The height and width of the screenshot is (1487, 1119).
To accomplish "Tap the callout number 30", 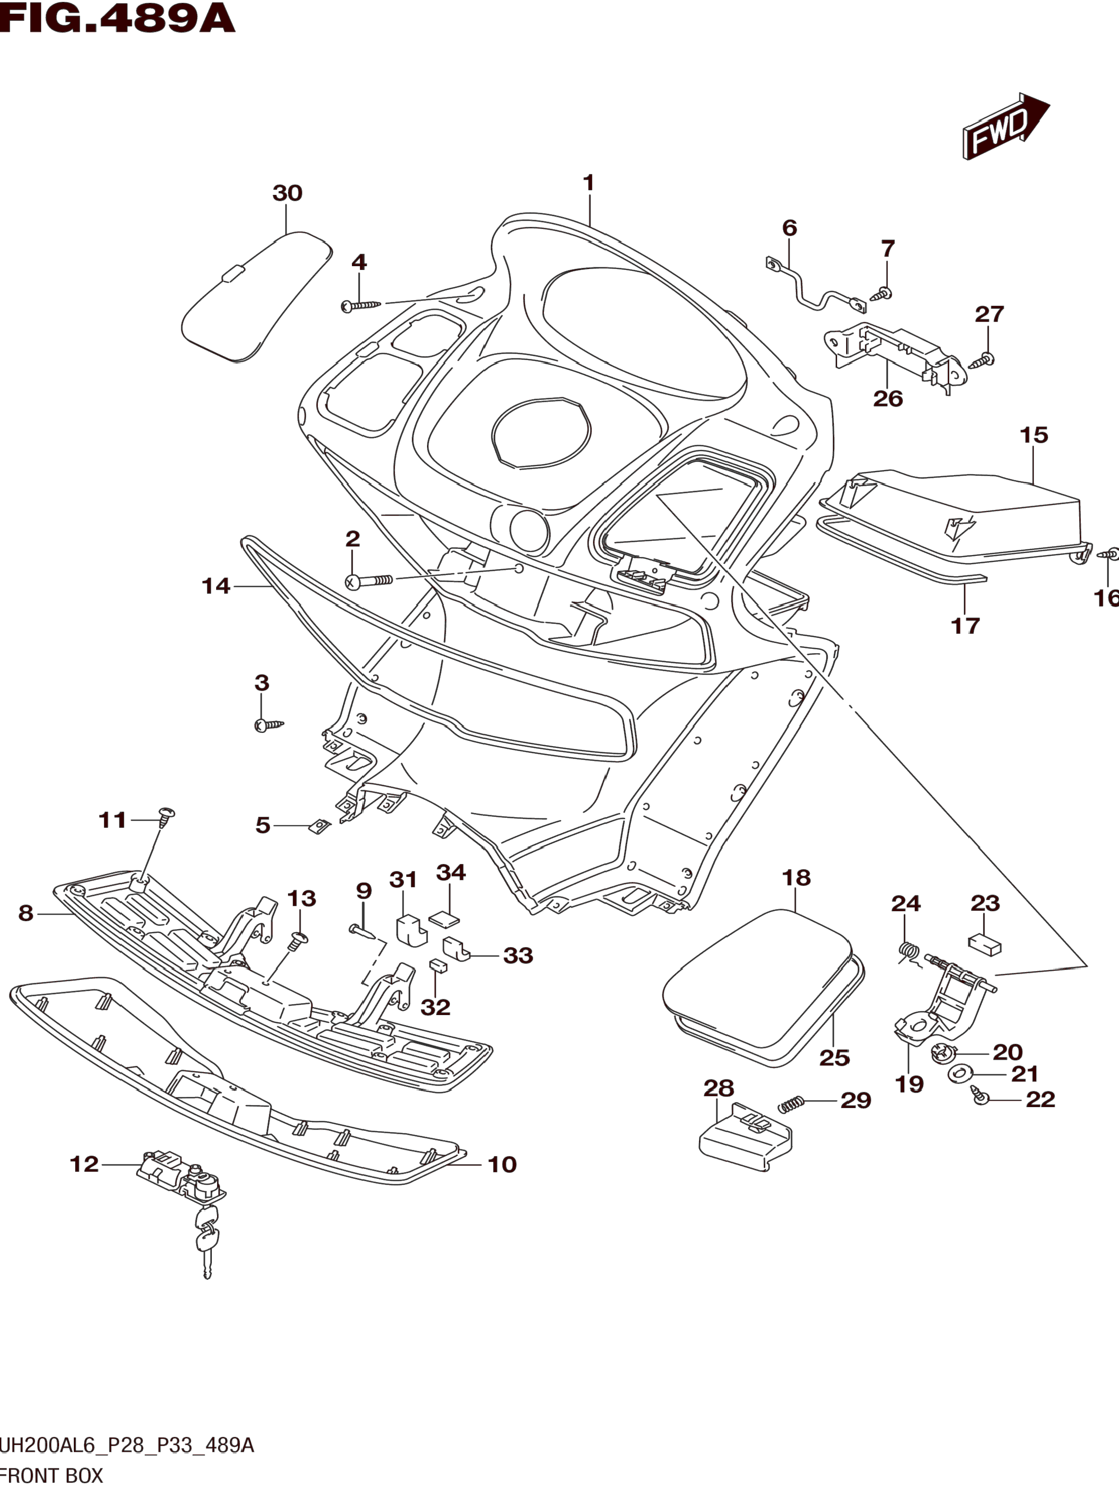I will click(x=287, y=193).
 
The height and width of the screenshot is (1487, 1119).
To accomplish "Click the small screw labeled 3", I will click(x=268, y=724).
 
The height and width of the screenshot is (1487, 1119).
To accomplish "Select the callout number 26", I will click(x=888, y=399).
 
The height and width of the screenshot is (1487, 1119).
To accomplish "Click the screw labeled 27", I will click(x=982, y=360).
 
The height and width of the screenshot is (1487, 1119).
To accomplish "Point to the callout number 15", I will click(x=1034, y=436).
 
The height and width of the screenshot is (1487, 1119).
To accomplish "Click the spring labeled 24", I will click(x=909, y=953).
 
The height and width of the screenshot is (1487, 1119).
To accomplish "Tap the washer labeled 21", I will click(x=962, y=1073).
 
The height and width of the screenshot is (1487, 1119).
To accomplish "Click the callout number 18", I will click(x=796, y=878).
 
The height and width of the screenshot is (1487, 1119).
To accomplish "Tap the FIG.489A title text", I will click(x=118, y=18).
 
